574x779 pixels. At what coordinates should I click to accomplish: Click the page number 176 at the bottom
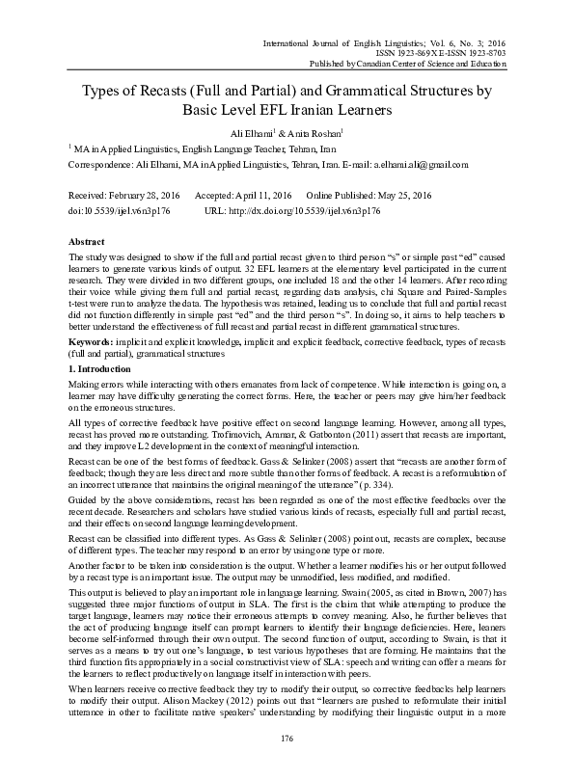coord(287,739)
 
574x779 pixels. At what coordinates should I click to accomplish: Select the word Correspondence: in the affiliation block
coord(99,165)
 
